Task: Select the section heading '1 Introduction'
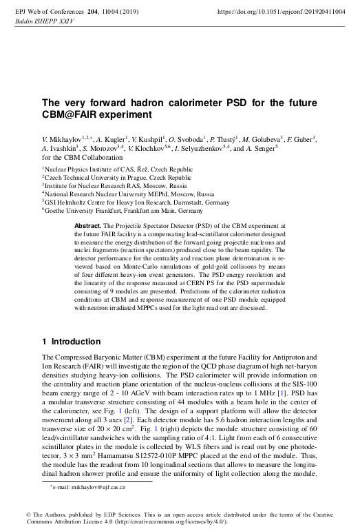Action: click(71, 342)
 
